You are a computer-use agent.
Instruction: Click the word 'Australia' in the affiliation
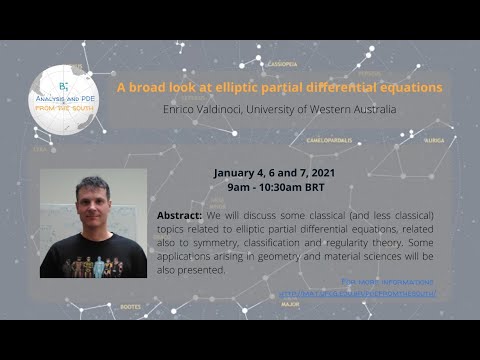pos(368,108)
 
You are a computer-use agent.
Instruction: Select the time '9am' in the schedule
pos(239,186)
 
